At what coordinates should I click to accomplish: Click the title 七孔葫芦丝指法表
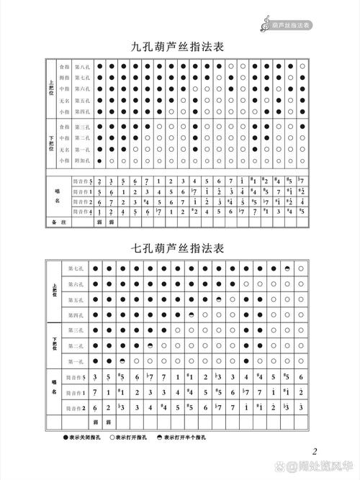(x=179, y=248)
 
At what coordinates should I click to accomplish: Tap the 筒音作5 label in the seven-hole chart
(x=76, y=377)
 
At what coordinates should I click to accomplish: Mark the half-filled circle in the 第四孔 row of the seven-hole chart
(x=191, y=315)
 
